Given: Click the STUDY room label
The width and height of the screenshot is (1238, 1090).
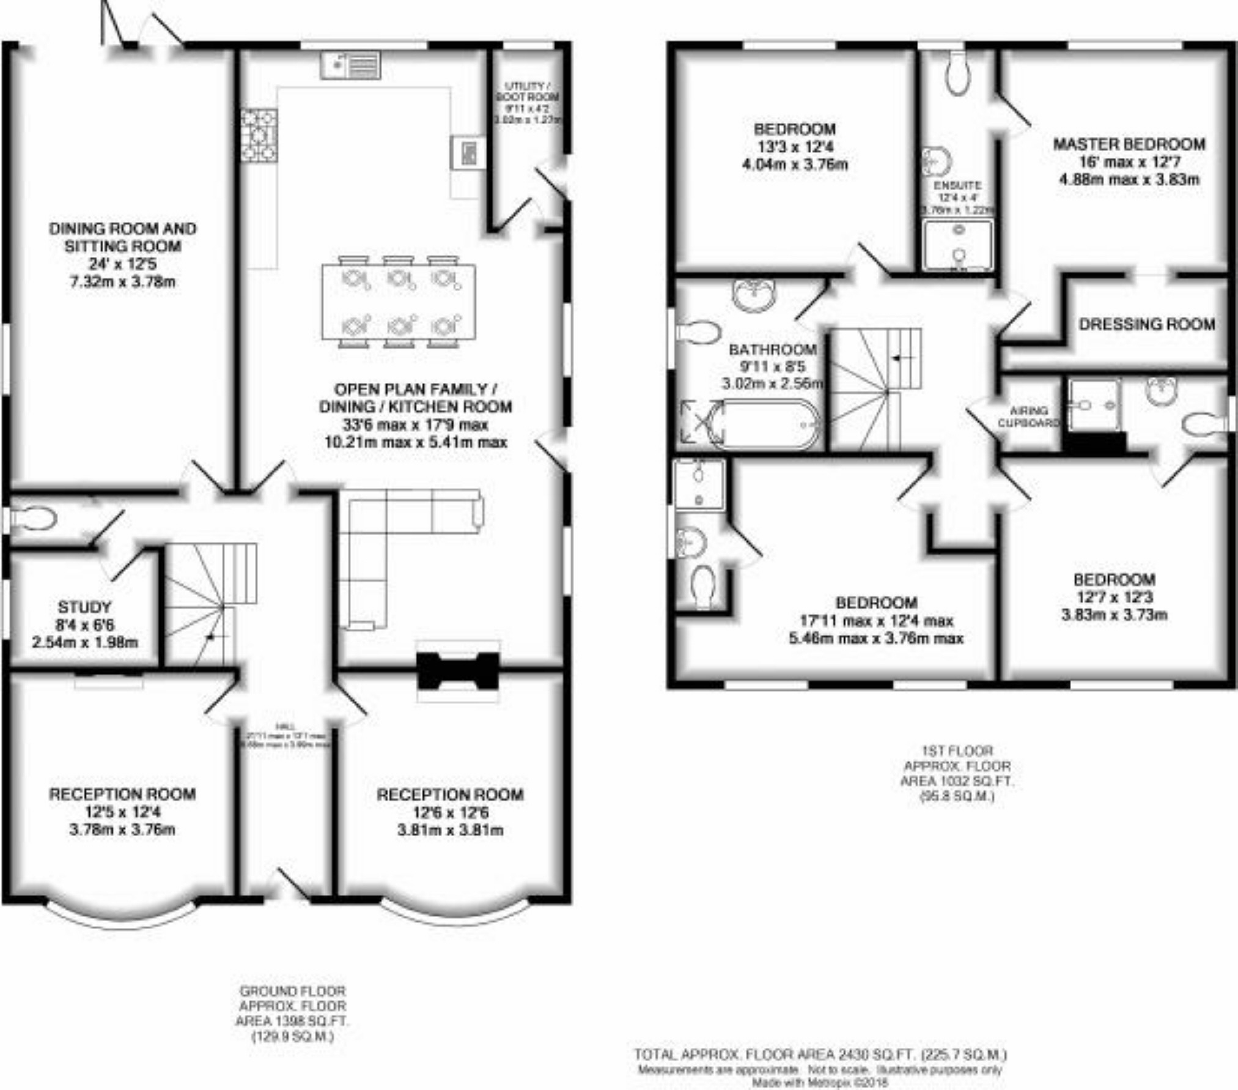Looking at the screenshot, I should coord(84,607).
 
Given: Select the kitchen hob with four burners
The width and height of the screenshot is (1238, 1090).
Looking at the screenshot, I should coord(259,135).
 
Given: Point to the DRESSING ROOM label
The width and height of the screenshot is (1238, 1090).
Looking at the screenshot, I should coord(1146,324).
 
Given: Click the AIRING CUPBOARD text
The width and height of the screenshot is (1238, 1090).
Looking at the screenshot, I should coord(1029,417).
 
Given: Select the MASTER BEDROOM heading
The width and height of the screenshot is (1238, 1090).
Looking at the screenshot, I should coord(1129,144).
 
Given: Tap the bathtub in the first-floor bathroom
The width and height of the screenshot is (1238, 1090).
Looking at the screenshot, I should coord(764,425).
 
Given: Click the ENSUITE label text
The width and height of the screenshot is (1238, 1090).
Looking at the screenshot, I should coord(957,185).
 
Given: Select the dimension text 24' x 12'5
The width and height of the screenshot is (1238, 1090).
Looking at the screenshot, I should coord(122,264).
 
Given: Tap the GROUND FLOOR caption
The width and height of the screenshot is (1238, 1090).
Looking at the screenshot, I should coord(292,991).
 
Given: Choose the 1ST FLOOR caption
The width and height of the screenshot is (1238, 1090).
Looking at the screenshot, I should coord(957,751).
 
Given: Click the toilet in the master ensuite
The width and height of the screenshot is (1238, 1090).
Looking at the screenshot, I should coord(957,73).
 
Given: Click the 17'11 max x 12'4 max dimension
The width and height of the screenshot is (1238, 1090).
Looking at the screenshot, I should coord(876,621).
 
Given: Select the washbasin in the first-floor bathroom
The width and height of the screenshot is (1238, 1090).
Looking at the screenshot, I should coord(754,295).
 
